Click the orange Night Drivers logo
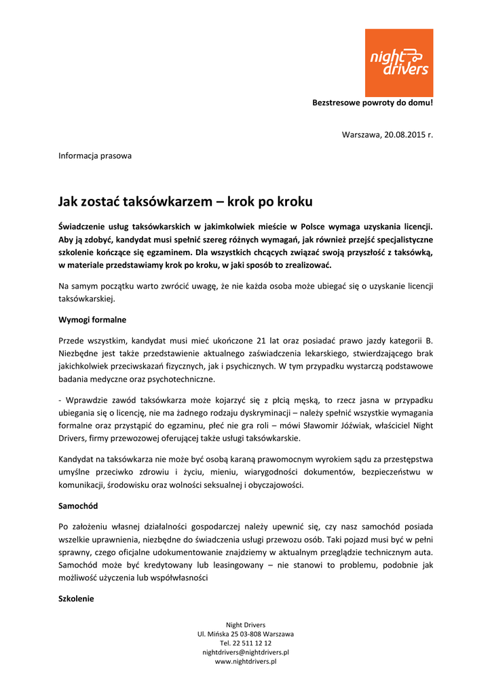[x=398, y=62]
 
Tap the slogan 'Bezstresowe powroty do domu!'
[x=372, y=103]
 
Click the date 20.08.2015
[x=403, y=134]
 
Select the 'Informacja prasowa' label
[x=95, y=155]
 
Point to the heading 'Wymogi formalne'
[x=92, y=319]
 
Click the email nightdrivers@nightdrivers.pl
[x=246, y=652]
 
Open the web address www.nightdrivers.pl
[x=246, y=661]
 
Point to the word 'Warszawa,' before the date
[x=361, y=134]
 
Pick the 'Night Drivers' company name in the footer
[x=246, y=624]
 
